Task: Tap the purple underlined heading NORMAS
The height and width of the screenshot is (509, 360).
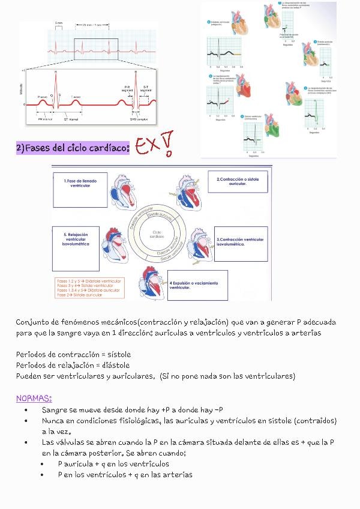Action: [34, 398]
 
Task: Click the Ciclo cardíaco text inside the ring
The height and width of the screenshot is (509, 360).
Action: [158, 233]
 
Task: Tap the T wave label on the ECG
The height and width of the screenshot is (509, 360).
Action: [76, 96]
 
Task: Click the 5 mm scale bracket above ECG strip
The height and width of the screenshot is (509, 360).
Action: [59, 25]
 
